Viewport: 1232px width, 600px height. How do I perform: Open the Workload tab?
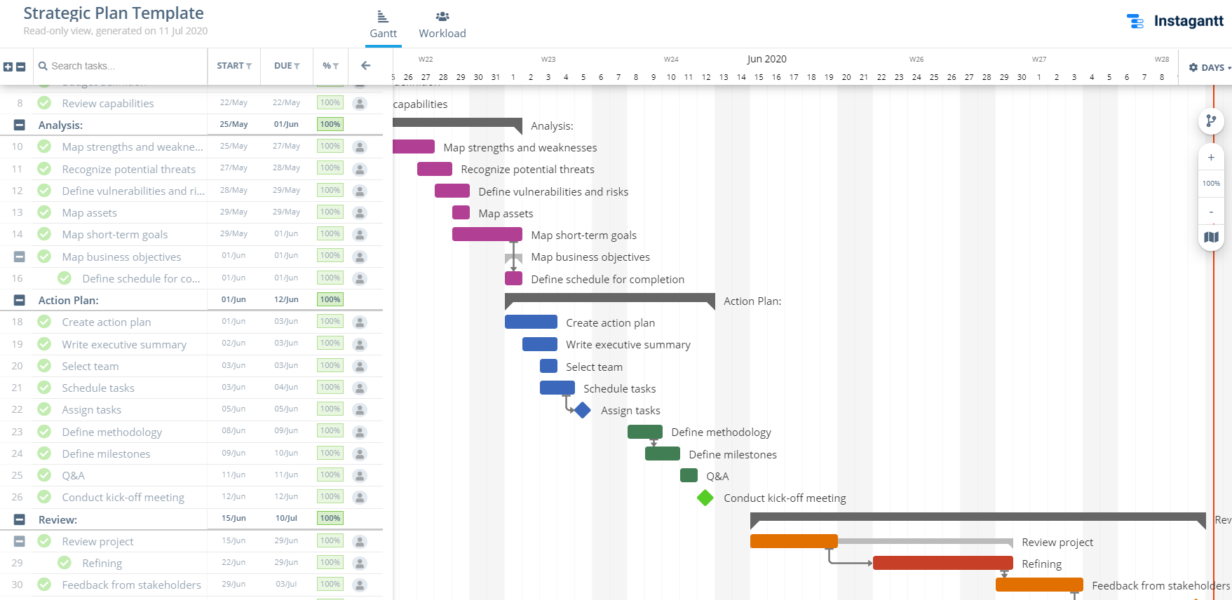click(442, 25)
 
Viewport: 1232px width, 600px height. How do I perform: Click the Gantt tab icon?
click(383, 17)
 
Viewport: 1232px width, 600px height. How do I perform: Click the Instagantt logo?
click(1175, 21)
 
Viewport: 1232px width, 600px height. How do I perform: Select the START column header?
click(233, 66)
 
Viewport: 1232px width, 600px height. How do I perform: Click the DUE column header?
click(286, 66)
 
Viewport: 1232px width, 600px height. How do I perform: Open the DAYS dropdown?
click(1210, 67)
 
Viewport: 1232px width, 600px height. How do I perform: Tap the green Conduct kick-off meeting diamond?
click(705, 498)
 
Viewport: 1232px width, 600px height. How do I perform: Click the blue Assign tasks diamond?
click(583, 410)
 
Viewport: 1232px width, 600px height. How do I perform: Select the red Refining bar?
click(942, 564)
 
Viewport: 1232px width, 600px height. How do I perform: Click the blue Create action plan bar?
click(531, 322)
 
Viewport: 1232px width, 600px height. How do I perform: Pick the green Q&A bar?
click(689, 476)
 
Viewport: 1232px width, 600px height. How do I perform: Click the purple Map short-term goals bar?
click(487, 235)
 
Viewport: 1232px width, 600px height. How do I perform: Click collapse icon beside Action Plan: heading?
click(20, 301)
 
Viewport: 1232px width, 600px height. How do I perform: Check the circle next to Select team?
click(44, 366)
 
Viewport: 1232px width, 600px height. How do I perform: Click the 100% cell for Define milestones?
click(330, 454)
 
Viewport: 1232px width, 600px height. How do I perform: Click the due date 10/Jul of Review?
click(286, 519)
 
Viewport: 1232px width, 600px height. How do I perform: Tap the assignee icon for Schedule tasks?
click(360, 388)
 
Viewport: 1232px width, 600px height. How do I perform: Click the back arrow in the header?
click(365, 66)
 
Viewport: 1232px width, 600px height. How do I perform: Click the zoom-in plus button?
click(1211, 158)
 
